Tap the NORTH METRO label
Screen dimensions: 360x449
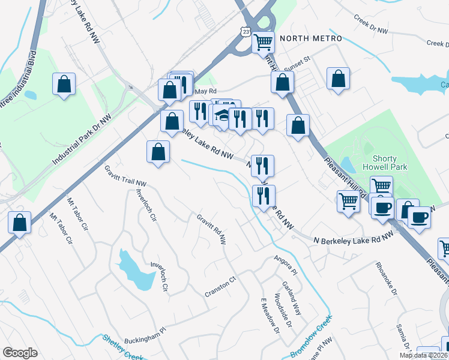click(x=310, y=39)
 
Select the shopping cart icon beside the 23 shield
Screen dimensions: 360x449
click(x=263, y=43)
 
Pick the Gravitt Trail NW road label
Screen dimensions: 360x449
click(x=125, y=175)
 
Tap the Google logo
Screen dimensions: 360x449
click(x=20, y=353)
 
